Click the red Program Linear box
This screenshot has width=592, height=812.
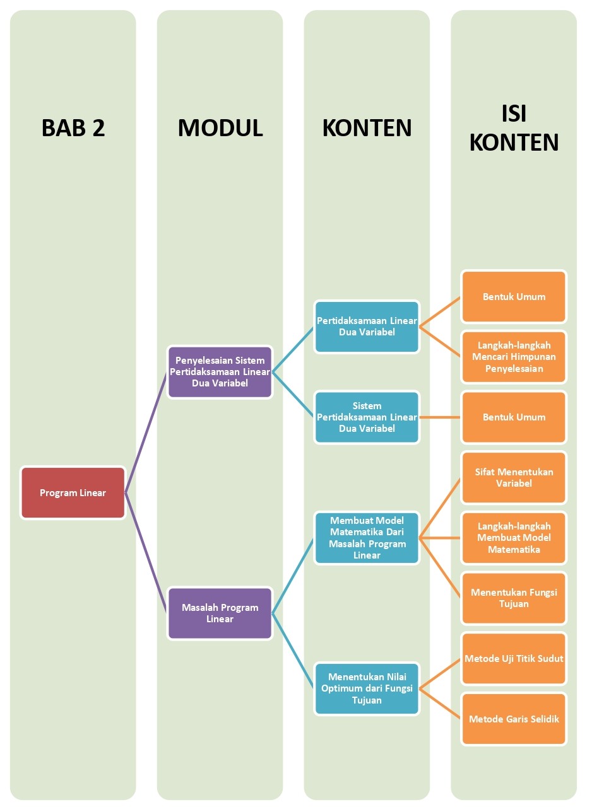point(73,493)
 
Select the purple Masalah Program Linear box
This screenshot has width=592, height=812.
point(220,613)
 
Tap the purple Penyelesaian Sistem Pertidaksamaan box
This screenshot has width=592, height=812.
point(220,372)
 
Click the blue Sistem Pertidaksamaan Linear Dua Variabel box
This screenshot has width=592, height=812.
point(367,417)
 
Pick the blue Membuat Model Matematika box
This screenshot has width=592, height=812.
point(367,538)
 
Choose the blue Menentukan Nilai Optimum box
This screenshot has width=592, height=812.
point(367,688)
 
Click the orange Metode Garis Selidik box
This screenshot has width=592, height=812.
point(514,719)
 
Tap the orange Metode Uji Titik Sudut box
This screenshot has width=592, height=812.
point(514,659)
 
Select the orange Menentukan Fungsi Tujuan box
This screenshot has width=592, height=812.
point(514,598)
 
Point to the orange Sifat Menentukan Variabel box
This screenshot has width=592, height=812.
point(514,478)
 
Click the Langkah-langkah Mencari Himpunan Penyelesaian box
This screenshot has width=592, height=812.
point(514,357)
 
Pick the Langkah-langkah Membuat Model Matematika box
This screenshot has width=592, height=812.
point(514,538)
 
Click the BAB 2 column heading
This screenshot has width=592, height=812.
point(73,128)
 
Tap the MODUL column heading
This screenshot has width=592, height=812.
point(220,128)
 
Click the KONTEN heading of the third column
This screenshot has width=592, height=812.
point(367,128)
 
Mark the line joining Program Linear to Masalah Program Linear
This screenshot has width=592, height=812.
point(146,553)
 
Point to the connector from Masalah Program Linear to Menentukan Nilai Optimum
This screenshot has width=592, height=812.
point(293,651)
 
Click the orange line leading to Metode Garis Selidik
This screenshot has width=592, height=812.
point(441,704)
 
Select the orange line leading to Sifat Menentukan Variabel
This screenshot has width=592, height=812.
point(441,508)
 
